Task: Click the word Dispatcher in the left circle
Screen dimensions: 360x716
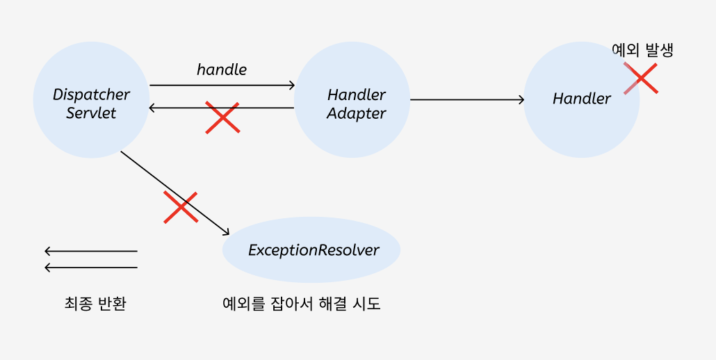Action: tap(91, 95)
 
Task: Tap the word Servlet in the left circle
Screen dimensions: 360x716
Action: tap(91, 113)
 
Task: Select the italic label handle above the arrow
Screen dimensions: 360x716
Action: tap(222, 69)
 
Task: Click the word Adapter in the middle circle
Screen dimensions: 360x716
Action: tap(356, 113)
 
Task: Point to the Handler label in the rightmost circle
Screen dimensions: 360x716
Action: tap(582, 99)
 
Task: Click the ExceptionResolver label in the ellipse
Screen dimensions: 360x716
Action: tap(314, 250)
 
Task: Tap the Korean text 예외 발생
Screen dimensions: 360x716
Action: tap(642, 50)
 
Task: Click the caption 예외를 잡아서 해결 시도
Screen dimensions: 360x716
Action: tap(302, 304)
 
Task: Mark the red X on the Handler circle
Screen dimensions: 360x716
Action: tap(640, 78)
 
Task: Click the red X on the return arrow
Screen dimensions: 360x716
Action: tap(222, 117)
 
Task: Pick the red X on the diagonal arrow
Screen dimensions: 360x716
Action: tap(180, 207)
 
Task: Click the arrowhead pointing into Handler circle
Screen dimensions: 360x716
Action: tap(521, 99)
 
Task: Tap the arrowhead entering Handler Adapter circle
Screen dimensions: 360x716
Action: tap(291, 85)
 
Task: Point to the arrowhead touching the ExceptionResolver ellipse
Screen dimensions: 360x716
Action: tap(226, 232)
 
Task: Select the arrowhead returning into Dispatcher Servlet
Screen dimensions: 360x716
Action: tap(154, 108)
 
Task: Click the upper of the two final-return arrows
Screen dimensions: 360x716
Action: tap(90, 251)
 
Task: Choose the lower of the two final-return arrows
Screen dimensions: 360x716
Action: tap(90, 268)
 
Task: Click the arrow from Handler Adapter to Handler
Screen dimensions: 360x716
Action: tap(466, 99)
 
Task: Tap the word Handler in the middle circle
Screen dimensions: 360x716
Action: tap(356, 95)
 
